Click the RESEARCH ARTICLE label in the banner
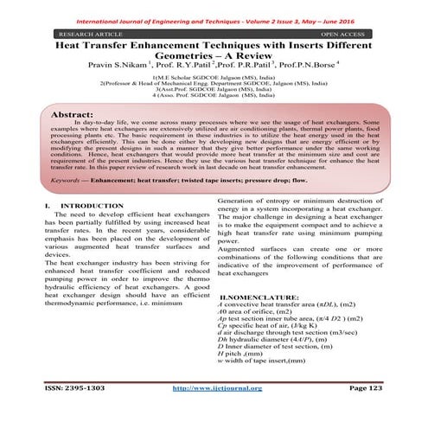84,33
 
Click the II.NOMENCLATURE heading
271,297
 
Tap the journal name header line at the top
214,15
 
